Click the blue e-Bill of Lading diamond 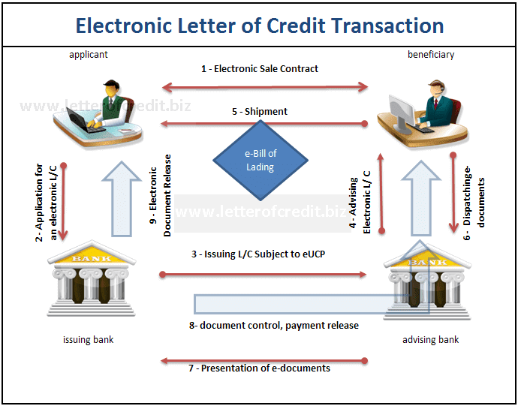point(261,160)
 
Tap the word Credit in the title point(296,26)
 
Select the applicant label point(88,55)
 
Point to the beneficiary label point(431,54)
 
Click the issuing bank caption point(88,339)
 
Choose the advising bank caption point(430,339)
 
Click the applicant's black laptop point(83,119)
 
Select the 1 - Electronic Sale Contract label point(260,69)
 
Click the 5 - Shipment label point(260,111)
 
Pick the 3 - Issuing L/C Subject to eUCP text point(258,254)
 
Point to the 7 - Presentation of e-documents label point(259,368)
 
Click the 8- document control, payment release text point(274,326)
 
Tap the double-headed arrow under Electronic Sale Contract point(265,87)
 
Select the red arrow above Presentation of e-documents point(264,361)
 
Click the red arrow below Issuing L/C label point(263,274)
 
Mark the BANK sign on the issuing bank point(91,258)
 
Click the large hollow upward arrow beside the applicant point(122,199)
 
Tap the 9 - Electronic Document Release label point(160,196)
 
